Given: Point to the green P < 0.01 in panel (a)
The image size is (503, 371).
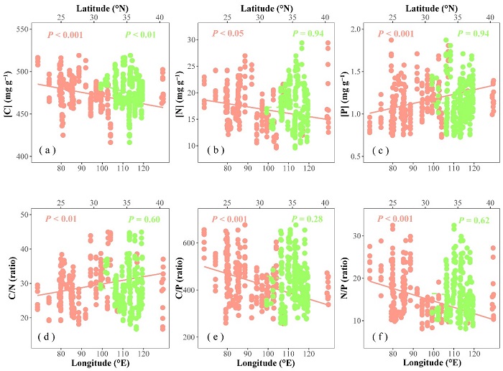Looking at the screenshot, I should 139,34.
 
